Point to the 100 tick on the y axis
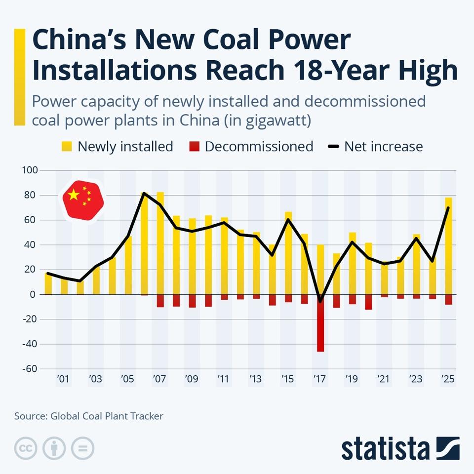30,171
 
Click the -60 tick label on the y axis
29,369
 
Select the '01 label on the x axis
63,379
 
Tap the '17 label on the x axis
320,379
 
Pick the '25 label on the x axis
448,379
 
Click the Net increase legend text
383,147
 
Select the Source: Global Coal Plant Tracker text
88,416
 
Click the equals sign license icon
82,448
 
